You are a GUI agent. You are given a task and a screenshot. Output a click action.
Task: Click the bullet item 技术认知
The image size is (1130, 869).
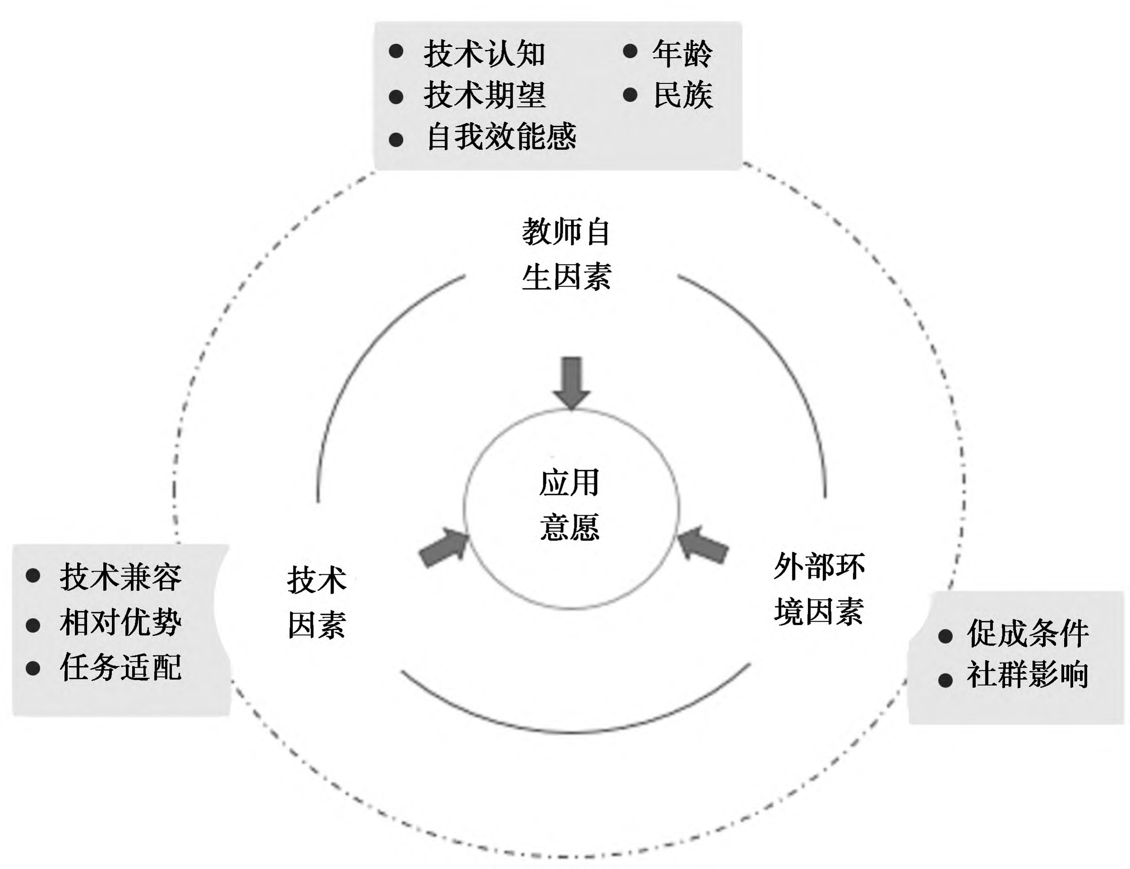point(484,54)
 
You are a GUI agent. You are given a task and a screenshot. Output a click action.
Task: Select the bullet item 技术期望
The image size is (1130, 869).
point(484,96)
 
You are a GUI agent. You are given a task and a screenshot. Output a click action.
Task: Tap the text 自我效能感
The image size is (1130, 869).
point(501,137)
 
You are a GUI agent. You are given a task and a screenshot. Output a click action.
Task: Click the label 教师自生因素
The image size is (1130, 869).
point(566,255)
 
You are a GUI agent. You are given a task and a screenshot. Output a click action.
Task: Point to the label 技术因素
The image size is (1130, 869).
point(317,603)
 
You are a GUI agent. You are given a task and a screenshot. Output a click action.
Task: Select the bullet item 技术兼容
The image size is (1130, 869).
point(120,577)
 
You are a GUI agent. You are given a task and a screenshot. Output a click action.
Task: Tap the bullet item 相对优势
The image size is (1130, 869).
point(120,622)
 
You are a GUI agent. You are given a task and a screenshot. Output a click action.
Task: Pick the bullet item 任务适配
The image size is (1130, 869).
point(120,667)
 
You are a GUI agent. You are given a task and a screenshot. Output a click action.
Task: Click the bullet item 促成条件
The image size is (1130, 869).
point(1028,633)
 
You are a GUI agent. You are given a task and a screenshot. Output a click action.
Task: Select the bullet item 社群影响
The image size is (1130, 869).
point(1028,675)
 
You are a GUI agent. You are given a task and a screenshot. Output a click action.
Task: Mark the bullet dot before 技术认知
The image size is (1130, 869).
point(396,52)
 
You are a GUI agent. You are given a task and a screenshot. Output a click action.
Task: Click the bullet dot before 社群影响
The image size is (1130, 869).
point(945,680)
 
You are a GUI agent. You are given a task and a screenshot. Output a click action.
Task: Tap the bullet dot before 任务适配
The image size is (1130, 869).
point(33,668)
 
